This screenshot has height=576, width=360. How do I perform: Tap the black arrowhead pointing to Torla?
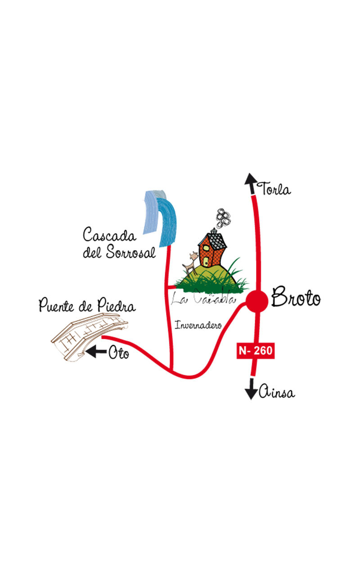point(250,180)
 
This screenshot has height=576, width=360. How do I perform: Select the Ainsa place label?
point(276,393)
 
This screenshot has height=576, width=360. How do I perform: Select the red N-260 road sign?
point(255,351)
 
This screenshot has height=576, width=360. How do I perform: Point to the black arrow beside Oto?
point(95,351)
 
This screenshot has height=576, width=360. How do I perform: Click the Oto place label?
point(118,353)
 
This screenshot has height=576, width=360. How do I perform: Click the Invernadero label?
point(198,325)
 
